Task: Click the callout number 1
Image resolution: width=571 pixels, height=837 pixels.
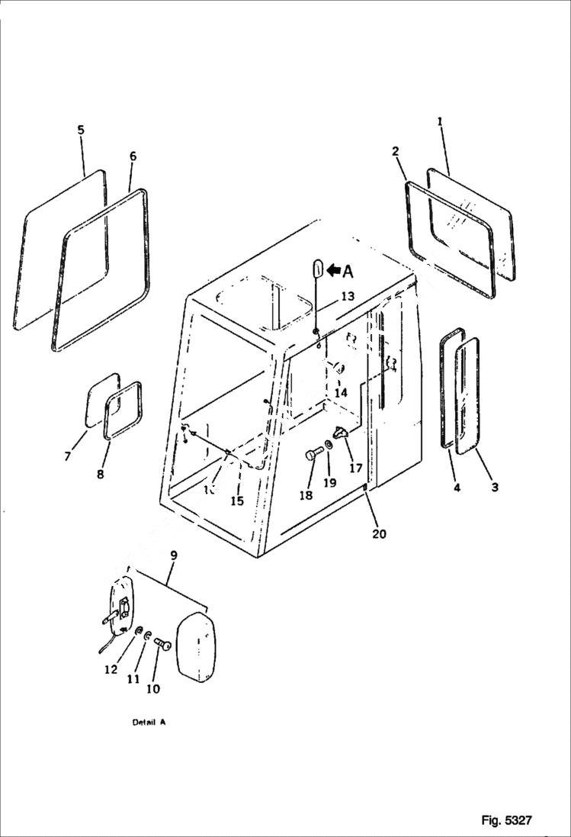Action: click(x=439, y=121)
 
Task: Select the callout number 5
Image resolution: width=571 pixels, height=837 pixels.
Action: click(x=81, y=130)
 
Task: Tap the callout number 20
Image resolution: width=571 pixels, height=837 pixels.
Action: click(x=379, y=534)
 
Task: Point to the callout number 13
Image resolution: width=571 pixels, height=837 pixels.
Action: click(x=348, y=295)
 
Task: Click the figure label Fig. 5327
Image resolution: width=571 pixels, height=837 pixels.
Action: click(x=506, y=820)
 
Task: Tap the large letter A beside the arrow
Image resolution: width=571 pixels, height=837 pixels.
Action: click(x=348, y=271)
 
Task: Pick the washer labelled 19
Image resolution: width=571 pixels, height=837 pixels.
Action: click(x=328, y=445)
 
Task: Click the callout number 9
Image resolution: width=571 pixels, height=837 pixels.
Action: click(x=173, y=555)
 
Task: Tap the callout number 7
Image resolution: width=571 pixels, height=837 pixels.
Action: click(x=67, y=456)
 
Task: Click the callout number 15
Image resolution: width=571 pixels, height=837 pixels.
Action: click(x=237, y=501)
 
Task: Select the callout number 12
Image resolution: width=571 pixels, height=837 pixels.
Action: click(x=111, y=669)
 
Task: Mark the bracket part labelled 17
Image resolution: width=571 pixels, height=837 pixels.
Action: click(x=342, y=434)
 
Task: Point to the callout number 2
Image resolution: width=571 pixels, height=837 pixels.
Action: click(x=396, y=151)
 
